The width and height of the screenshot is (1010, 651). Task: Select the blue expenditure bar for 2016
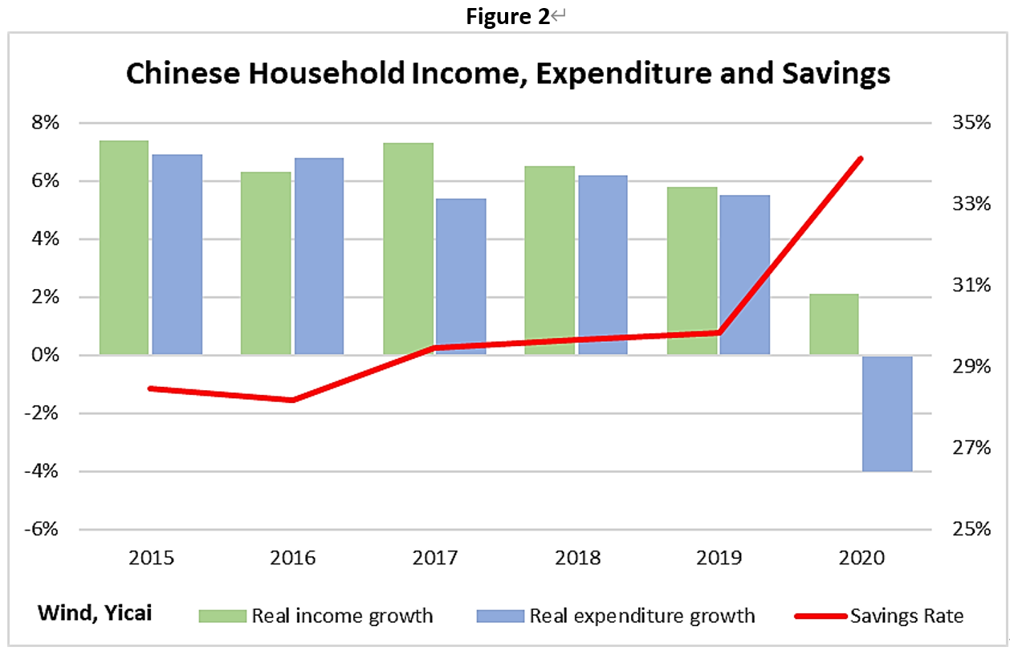tap(319, 256)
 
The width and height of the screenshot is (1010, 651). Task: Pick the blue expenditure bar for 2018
tap(603, 265)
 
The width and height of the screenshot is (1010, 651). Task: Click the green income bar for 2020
tap(834, 324)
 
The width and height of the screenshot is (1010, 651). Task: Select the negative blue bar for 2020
tap(887, 413)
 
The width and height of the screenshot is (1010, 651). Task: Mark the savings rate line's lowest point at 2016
tap(292, 400)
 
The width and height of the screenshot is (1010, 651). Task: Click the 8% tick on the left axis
tap(45, 124)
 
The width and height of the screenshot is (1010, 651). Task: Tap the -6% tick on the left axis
tap(45, 530)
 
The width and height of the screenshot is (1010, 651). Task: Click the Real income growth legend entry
tap(342, 616)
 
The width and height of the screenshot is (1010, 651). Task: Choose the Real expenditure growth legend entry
tap(641, 616)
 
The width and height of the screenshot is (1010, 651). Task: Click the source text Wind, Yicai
tap(94, 613)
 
